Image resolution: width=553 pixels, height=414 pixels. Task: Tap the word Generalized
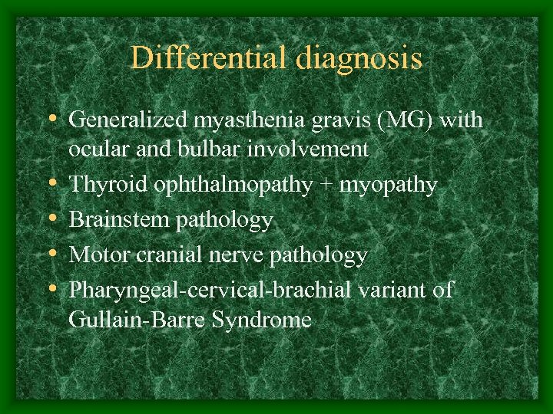tap(128, 120)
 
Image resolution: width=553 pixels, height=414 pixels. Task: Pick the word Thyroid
tap(102, 185)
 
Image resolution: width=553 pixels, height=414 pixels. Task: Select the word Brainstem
tap(119, 220)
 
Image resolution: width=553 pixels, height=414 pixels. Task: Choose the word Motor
tap(96, 255)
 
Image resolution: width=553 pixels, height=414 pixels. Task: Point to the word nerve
tap(232, 255)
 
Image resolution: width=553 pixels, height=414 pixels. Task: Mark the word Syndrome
tap(270, 320)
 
